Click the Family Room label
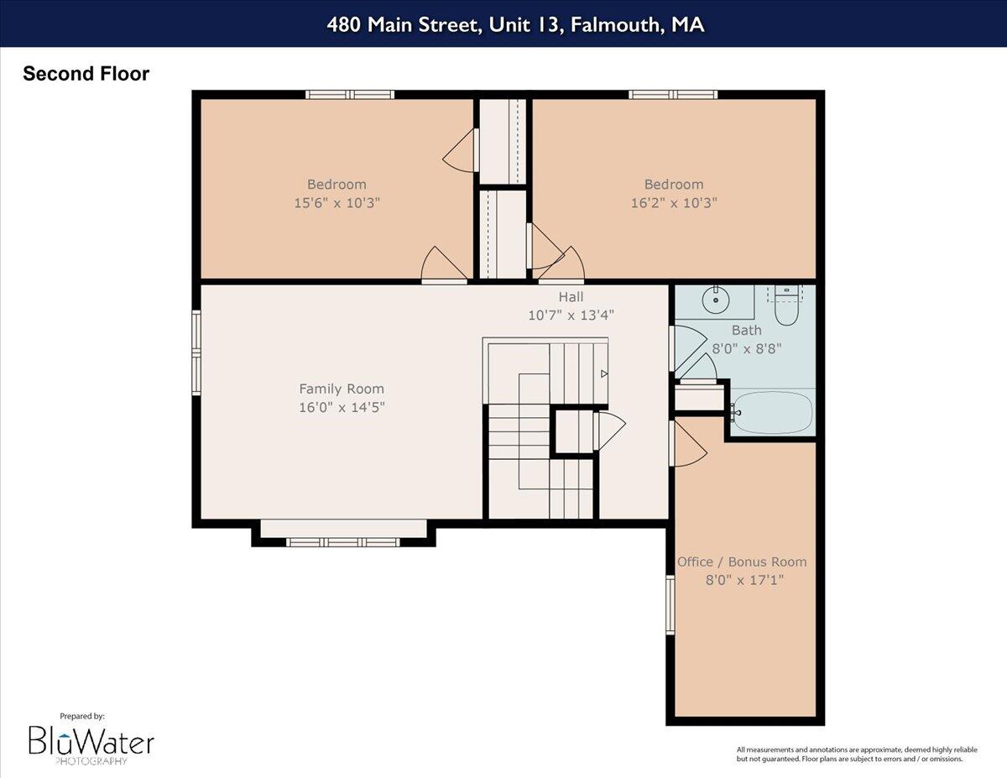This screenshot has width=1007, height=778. tap(342, 389)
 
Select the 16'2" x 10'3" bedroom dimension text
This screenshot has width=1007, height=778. tap(674, 203)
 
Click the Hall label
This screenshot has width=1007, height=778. tap(571, 297)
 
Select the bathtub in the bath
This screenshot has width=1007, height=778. tap(772, 412)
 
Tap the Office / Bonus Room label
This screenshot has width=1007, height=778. tap(742, 561)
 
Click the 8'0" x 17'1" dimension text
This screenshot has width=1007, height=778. tap(742, 580)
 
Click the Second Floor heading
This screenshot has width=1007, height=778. tap(86, 74)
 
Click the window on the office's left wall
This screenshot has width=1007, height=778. tap(670, 604)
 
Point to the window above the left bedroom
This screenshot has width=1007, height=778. tap(350, 94)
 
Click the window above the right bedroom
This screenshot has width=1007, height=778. tap(673, 94)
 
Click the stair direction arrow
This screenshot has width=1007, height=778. tap(604, 373)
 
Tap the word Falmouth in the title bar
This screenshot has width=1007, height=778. tap(615, 24)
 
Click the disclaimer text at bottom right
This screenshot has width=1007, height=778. tap(849, 754)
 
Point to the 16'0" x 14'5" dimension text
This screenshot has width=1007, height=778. tap(342, 408)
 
